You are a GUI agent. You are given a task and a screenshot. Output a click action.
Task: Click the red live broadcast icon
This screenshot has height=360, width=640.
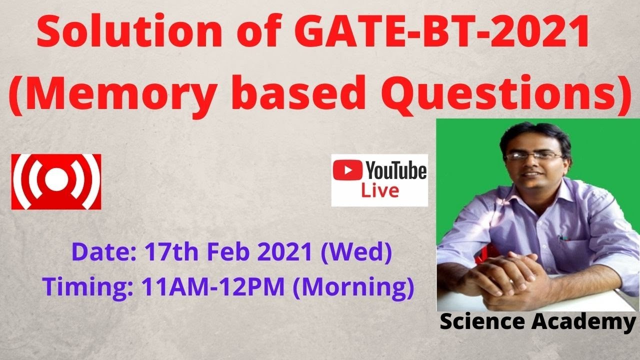coord(56,181)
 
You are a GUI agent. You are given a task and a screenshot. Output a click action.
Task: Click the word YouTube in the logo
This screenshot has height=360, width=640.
coord(396,171)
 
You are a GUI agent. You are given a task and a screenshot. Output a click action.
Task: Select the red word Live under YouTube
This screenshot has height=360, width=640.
coord(380,191)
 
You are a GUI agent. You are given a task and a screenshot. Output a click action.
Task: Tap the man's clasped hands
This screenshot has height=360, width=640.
coord(505,272)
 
